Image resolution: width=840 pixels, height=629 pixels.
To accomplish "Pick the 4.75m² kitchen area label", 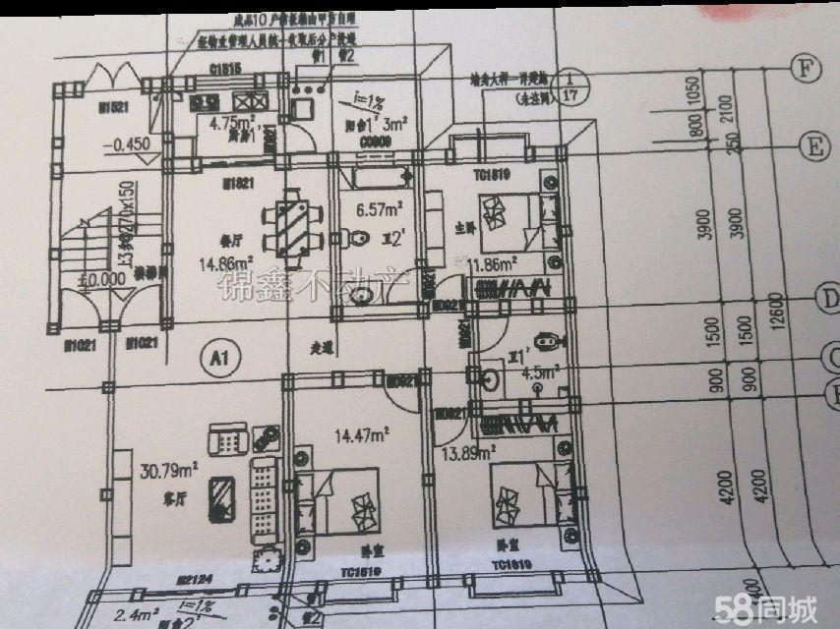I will click(232, 123).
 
